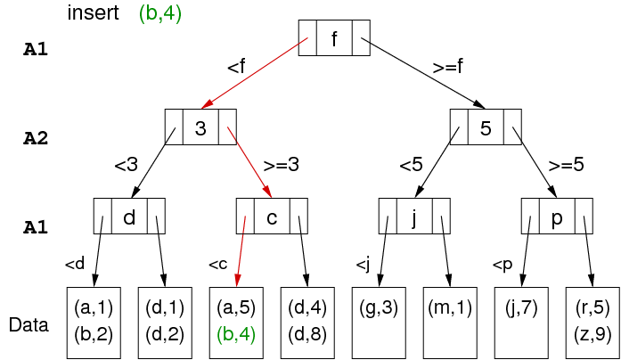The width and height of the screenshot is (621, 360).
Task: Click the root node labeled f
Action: pyautogui.click(x=334, y=38)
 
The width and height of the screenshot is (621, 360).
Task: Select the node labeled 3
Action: pyautogui.click(x=200, y=127)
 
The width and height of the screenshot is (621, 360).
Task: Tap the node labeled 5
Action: pyautogui.click(x=486, y=127)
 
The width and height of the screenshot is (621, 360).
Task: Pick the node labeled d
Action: pyautogui.click(x=129, y=217)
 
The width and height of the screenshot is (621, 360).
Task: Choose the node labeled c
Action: pyautogui.click(x=272, y=217)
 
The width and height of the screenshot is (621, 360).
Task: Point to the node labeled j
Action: pyautogui.click(x=414, y=217)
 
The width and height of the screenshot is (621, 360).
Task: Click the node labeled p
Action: pyautogui.click(x=557, y=217)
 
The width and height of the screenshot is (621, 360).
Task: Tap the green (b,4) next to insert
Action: pyautogui.click(x=160, y=14)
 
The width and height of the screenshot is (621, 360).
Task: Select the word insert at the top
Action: pyautogui.click(x=94, y=14)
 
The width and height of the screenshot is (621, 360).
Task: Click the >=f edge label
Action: pyautogui.click(x=447, y=67)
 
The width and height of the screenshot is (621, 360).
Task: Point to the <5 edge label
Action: pyautogui.click(x=411, y=165)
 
